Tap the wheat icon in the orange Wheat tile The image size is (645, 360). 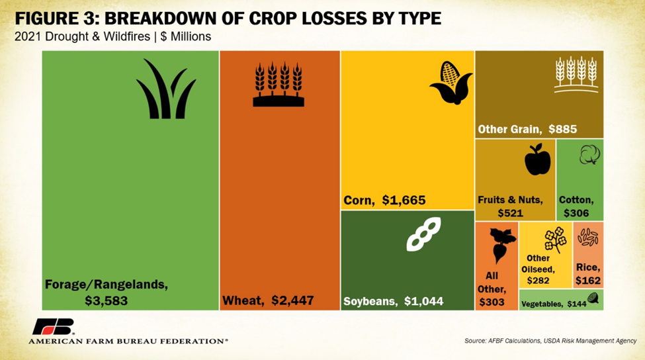[279, 84]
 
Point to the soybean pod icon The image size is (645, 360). [423, 234]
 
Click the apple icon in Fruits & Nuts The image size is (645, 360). [537, 159]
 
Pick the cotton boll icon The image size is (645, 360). [589, 155]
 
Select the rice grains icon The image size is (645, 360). [587, 237]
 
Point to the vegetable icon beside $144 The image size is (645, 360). [593, 298]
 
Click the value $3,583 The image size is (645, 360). [106, 300]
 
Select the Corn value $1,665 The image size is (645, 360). [404, 200]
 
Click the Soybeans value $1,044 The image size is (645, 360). [421, 301]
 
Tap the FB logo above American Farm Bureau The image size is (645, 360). [54, 327]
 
